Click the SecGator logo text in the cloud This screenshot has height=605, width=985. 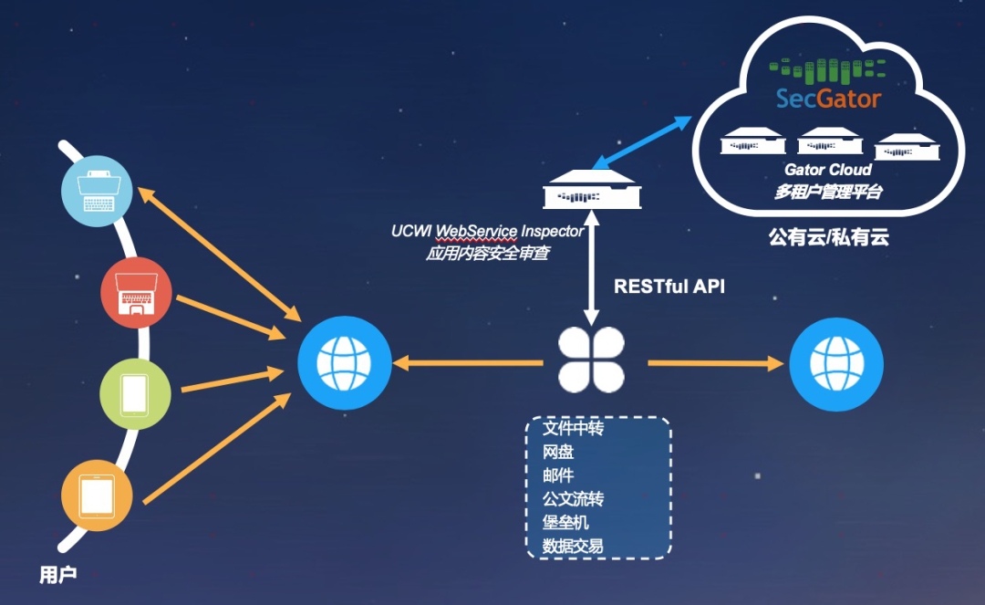(x=828, y=98)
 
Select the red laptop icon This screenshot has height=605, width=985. (x=136, y=292)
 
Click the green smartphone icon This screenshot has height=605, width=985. (x=134, y=394)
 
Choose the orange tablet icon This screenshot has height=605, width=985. (x=97, y=496)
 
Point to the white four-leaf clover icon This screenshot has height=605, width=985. (x=591, y=360)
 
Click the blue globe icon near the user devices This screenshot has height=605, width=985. (x=344, y=362)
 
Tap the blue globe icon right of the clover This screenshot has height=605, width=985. (x=835, y=362)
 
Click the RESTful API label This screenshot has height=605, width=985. (x=669, y=286)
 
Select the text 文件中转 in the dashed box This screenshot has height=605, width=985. (x=573, y=429)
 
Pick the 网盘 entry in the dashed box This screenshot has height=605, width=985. (x=558, y=453)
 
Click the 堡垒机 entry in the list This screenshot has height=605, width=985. (x=565, y=523)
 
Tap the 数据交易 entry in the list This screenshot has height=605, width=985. (x=573, y=547)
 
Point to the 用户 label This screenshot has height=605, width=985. (x=57, y=575)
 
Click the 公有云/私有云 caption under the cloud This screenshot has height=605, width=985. (x=828, y=238)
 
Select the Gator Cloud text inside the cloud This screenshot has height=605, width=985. (x=828, y=170)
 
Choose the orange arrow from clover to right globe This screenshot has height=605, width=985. (x=716, y=363)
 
